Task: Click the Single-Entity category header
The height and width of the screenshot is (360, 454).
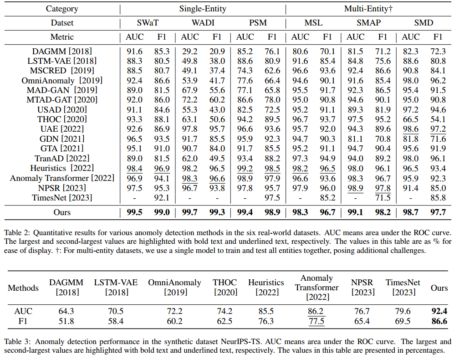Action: [x=203, y=9]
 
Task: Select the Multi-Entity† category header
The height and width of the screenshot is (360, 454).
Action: [x=369, y=9]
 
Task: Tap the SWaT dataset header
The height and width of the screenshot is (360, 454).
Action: [x=148, y=23]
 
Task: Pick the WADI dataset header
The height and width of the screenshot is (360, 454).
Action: [x=203, y=23]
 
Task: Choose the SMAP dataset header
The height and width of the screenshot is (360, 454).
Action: [x=369, y=23]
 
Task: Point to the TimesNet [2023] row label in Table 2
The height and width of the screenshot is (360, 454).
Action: [x=62, y=197]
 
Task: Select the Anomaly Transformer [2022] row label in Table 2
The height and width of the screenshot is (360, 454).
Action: [x=62, y=178]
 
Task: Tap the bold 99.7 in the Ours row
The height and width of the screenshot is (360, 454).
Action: [x=190, y=212]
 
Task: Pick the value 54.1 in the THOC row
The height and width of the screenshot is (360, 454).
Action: [x=438, y=119]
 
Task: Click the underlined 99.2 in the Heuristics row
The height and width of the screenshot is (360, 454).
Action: [x=245, y=168]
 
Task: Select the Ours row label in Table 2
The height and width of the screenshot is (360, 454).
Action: [x=62, y=212]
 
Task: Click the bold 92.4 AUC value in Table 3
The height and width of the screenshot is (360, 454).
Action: [x=439, y=312]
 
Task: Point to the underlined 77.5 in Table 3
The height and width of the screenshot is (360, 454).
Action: [x=317, y=321]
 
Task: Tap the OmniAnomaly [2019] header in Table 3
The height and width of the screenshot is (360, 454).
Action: [x=174, y=287]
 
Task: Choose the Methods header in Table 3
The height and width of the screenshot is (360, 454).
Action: [x=22, y=288]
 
